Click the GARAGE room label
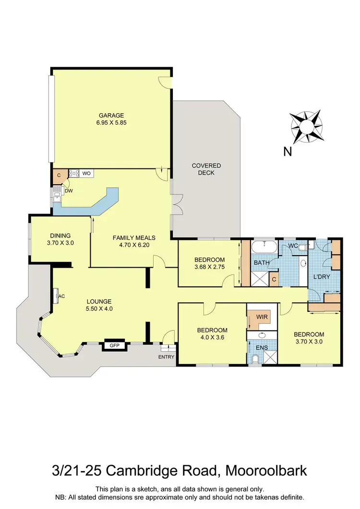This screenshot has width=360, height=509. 111,115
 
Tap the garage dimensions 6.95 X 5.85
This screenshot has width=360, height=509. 111,122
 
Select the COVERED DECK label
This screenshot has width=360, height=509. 206,169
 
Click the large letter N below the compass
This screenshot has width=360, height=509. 288,152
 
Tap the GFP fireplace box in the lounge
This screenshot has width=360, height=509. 114,345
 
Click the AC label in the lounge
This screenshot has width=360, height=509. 61,297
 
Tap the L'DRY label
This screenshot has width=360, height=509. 321,277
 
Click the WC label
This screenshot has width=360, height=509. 293,246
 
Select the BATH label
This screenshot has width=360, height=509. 261,263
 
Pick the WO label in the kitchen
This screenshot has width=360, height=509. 86,173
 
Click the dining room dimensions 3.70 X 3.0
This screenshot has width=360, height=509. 60,243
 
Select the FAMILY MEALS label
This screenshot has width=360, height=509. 131,237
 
